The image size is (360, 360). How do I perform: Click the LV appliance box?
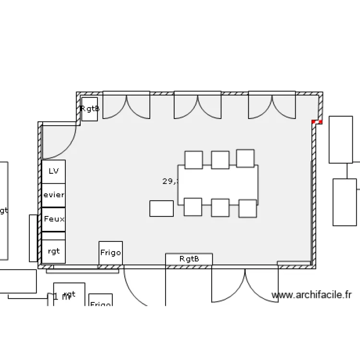(x=54, y=171)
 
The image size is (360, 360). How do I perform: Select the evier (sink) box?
(x=54, y=195)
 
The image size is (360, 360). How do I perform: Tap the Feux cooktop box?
(x=54, y=219)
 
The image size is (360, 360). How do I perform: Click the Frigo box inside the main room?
(x=110, y=253)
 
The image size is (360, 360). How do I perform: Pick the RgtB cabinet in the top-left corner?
(x=90, y=109)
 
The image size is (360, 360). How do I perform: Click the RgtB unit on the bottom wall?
(x=189, y=259)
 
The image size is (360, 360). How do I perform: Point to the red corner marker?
(x=317, y=122)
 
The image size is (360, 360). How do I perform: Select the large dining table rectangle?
(x=218, y=185)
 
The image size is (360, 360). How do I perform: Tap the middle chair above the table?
(x=220, y=160)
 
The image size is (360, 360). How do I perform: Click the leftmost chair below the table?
(x=193, y=207)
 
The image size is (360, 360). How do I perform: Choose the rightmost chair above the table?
(x=245, y=159)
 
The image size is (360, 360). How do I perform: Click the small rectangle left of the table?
(x=161, y=208)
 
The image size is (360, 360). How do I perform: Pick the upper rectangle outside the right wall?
(x=341, y=139)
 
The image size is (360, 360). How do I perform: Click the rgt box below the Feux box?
(x=54, y=251)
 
